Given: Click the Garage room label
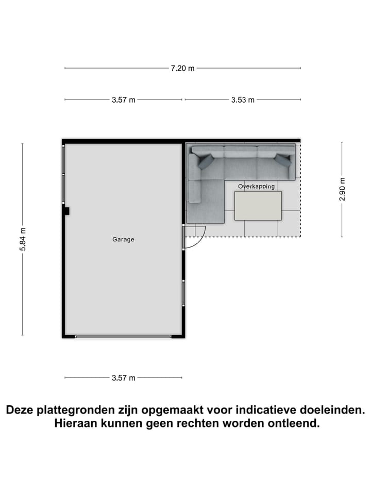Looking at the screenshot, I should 124,239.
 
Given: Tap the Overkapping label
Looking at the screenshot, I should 256,186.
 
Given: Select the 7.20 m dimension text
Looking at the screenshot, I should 183,68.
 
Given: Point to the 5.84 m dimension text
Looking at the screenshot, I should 23,239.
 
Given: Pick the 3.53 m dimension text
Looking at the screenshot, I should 243,100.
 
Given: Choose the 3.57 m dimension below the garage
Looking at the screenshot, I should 124,378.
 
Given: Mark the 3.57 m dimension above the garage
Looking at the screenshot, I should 124,100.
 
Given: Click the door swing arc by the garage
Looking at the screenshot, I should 198,239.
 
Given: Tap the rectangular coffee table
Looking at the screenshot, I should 258,206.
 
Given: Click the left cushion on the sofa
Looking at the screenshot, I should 205,162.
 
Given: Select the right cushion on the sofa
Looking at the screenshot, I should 283,160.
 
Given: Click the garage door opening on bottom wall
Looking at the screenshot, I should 123,337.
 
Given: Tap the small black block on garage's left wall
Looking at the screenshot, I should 66,210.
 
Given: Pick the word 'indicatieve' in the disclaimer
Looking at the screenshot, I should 263,410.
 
